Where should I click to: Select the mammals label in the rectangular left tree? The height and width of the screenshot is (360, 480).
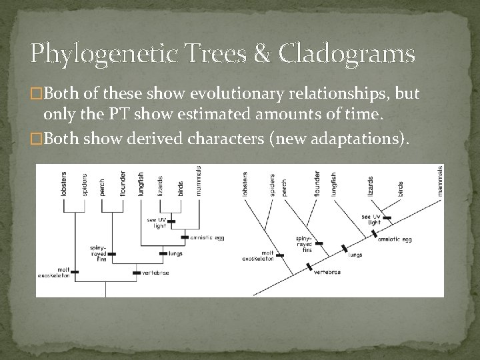[199, 180]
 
